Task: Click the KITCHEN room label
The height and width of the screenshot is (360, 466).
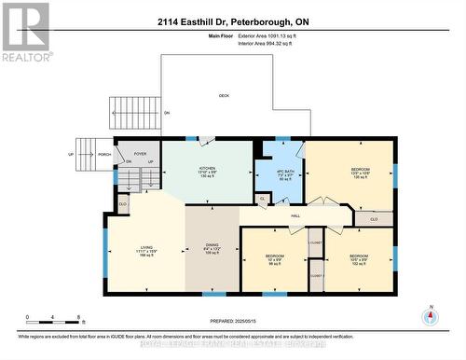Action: (208, 166)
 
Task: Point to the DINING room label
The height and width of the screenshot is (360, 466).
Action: (212, 246)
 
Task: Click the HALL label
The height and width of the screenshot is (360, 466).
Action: (295, 215)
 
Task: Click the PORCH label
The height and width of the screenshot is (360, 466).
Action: (104, 155)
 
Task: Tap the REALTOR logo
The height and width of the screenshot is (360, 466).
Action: (25, 31)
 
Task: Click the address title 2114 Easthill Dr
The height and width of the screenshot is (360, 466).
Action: (232, 21)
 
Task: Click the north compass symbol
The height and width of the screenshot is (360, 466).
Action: (430, 317)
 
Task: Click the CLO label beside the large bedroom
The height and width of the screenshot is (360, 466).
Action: (373, 220)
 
